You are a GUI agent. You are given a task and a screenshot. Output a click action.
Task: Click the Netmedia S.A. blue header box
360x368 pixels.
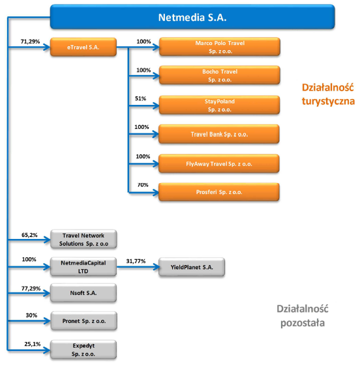pos(192,17)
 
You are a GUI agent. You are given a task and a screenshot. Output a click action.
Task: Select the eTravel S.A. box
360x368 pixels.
pos(83,47)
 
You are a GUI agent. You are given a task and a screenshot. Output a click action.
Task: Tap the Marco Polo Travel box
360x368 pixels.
pos(220,47)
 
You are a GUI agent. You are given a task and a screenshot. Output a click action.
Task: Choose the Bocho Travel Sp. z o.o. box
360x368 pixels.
pos(220,75)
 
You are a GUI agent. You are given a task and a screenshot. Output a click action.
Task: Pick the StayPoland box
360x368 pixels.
pos(219,105)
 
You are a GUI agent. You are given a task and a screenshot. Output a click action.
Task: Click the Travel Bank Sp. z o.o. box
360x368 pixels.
pos(219,134)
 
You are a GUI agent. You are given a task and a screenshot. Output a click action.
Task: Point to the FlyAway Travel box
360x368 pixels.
pos(219,163)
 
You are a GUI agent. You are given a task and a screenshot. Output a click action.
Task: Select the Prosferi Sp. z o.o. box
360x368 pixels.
pos(219,192)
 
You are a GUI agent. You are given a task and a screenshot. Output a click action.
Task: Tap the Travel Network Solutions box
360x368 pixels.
pos(83,239)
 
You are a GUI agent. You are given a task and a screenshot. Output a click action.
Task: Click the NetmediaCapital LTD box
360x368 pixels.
pos(83,266)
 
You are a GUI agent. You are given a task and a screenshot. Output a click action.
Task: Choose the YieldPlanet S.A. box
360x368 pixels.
pos(192,267)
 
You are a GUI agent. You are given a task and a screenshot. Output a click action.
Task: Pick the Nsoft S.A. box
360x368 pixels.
pos(83,293)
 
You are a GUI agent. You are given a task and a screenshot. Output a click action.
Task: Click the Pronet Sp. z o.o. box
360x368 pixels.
pos(84,321)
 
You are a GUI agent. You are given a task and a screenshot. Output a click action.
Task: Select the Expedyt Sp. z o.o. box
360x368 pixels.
pos(83,350)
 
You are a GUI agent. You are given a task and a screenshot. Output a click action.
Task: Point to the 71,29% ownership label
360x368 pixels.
pos(30,42)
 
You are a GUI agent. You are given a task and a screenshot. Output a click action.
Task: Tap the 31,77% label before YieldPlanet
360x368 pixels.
pos(136,261)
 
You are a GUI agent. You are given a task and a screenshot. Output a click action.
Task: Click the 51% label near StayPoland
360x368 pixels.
pos(140,98)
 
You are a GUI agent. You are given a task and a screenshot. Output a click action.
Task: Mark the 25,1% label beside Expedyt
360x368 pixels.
pos(33,344)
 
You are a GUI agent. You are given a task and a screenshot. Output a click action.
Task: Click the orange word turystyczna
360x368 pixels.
pos(328,102)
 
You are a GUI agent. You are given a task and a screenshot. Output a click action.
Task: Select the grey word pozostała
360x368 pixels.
pos(303,323)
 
